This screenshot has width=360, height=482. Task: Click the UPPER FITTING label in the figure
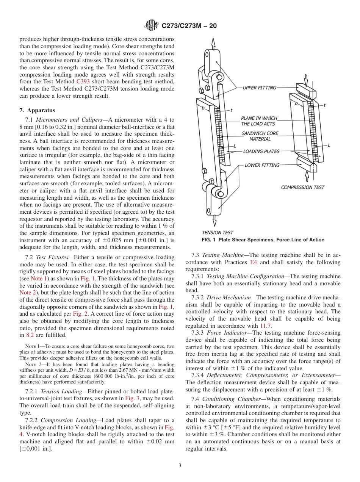pyautogui.click(x=260, y=88)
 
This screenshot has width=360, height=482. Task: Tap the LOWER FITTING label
pyautogui.click(x=262, y=165)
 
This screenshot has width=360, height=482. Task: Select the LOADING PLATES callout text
pyautogui.click(x=261, y=151)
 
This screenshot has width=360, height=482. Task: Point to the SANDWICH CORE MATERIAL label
pyautogui.click(x=260, y=136)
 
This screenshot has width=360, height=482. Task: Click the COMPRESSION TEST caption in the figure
pyautogui.click(x=302, y=187)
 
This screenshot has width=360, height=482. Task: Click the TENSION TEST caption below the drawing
pyautogui.click(x=218, y=232)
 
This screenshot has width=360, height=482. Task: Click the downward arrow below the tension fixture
pyautogui.click(x=215, y=220)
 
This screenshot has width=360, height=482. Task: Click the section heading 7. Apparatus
pyautogui.click(x=37, y=110)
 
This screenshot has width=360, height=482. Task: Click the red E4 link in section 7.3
pyautogui.click(x=253, y=262)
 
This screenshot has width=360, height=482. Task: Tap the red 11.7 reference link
pyautogui.click(x=265, y=326)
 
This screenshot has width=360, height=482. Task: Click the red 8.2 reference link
pyautogui.click(x=30, y=335)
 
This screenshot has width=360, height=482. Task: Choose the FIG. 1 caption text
pyautogui.click(x=263, y=240)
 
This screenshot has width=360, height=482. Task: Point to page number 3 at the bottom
pyautogui.click(x=180, y=465)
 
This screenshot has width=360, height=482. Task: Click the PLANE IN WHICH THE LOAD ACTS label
pyautogui.click(x=259, y=121)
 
